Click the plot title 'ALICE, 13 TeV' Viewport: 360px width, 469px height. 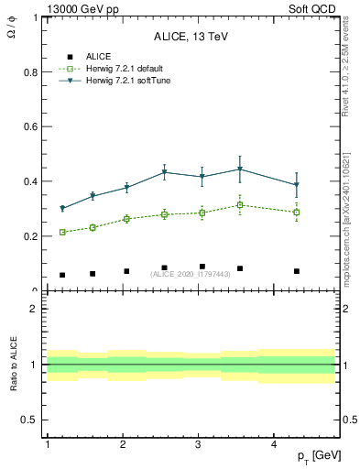191,37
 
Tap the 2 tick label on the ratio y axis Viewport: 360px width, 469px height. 33,309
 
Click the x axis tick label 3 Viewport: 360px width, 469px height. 199,444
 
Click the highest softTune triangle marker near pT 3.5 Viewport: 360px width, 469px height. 240,169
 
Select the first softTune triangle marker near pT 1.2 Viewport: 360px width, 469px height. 62,209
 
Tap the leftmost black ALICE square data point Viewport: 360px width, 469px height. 62,275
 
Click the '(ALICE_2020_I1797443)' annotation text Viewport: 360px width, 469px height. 191,274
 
